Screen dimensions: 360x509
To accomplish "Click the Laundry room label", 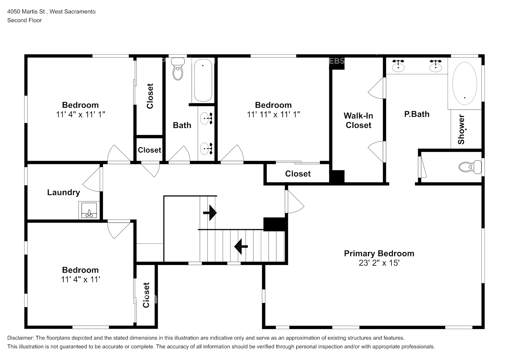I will click(63, 192).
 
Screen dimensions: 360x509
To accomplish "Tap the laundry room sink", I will click(89, 210).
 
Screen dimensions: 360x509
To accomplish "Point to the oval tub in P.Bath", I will click(464, 84).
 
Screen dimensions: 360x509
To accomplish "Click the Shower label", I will click(461, 130).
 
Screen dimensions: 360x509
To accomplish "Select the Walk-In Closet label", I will click(358, 120).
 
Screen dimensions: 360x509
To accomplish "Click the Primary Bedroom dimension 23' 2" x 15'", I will click(379, 263).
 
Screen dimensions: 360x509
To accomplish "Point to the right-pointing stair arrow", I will click(210, 213).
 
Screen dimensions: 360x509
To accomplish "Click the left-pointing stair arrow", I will click(241, 247).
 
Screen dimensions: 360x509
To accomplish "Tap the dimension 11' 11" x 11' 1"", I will click(273, 114).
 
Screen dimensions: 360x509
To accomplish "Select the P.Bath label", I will click(416, 114).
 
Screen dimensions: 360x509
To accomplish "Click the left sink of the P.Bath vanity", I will click(398, 66).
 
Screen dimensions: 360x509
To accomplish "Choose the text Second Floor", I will click(24, 20).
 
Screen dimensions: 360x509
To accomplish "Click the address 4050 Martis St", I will click(26, 12).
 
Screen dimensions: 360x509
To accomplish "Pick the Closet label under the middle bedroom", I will click(298, 174).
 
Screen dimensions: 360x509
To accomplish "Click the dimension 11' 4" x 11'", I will click(80, 279).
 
